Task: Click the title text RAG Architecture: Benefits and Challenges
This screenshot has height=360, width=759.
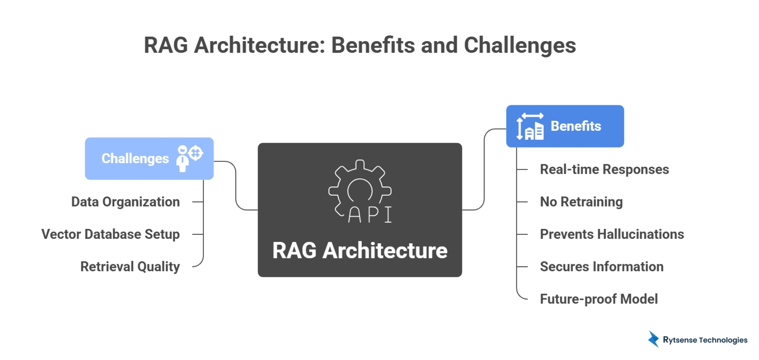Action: click(x=360, y=45)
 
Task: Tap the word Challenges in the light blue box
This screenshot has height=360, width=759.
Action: click(x=135, y=159)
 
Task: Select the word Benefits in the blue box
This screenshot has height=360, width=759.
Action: click(x=576, y=126)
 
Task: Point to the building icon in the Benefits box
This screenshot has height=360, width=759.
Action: click(x=530, y=127)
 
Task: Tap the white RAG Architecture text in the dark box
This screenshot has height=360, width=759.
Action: click(x=360, y=250)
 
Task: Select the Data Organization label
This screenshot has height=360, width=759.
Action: click(x=125, y=202)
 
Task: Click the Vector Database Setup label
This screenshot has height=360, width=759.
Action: click(x=110, y=234)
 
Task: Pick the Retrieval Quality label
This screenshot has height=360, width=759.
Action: click(x=130, y=267)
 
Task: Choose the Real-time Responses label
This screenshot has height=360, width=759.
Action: click(x=604, y=169)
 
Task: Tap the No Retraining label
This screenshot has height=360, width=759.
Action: click(x=581, y=202)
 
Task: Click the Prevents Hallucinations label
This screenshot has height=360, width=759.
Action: click(x=612, y=234)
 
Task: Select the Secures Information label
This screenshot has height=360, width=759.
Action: click(x=601, y=267)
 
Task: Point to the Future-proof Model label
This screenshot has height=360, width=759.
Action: click(x=598, y=299)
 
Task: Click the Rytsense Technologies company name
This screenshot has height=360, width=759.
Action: click(x=705, y=340)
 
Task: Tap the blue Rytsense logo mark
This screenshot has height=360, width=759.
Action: click(x=653, y=339)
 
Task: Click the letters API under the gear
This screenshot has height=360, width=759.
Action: click(x=370, y=214)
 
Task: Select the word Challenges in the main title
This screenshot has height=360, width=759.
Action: click(x=520, y=45)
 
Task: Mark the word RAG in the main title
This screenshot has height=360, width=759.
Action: click(x=166, y=45)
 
